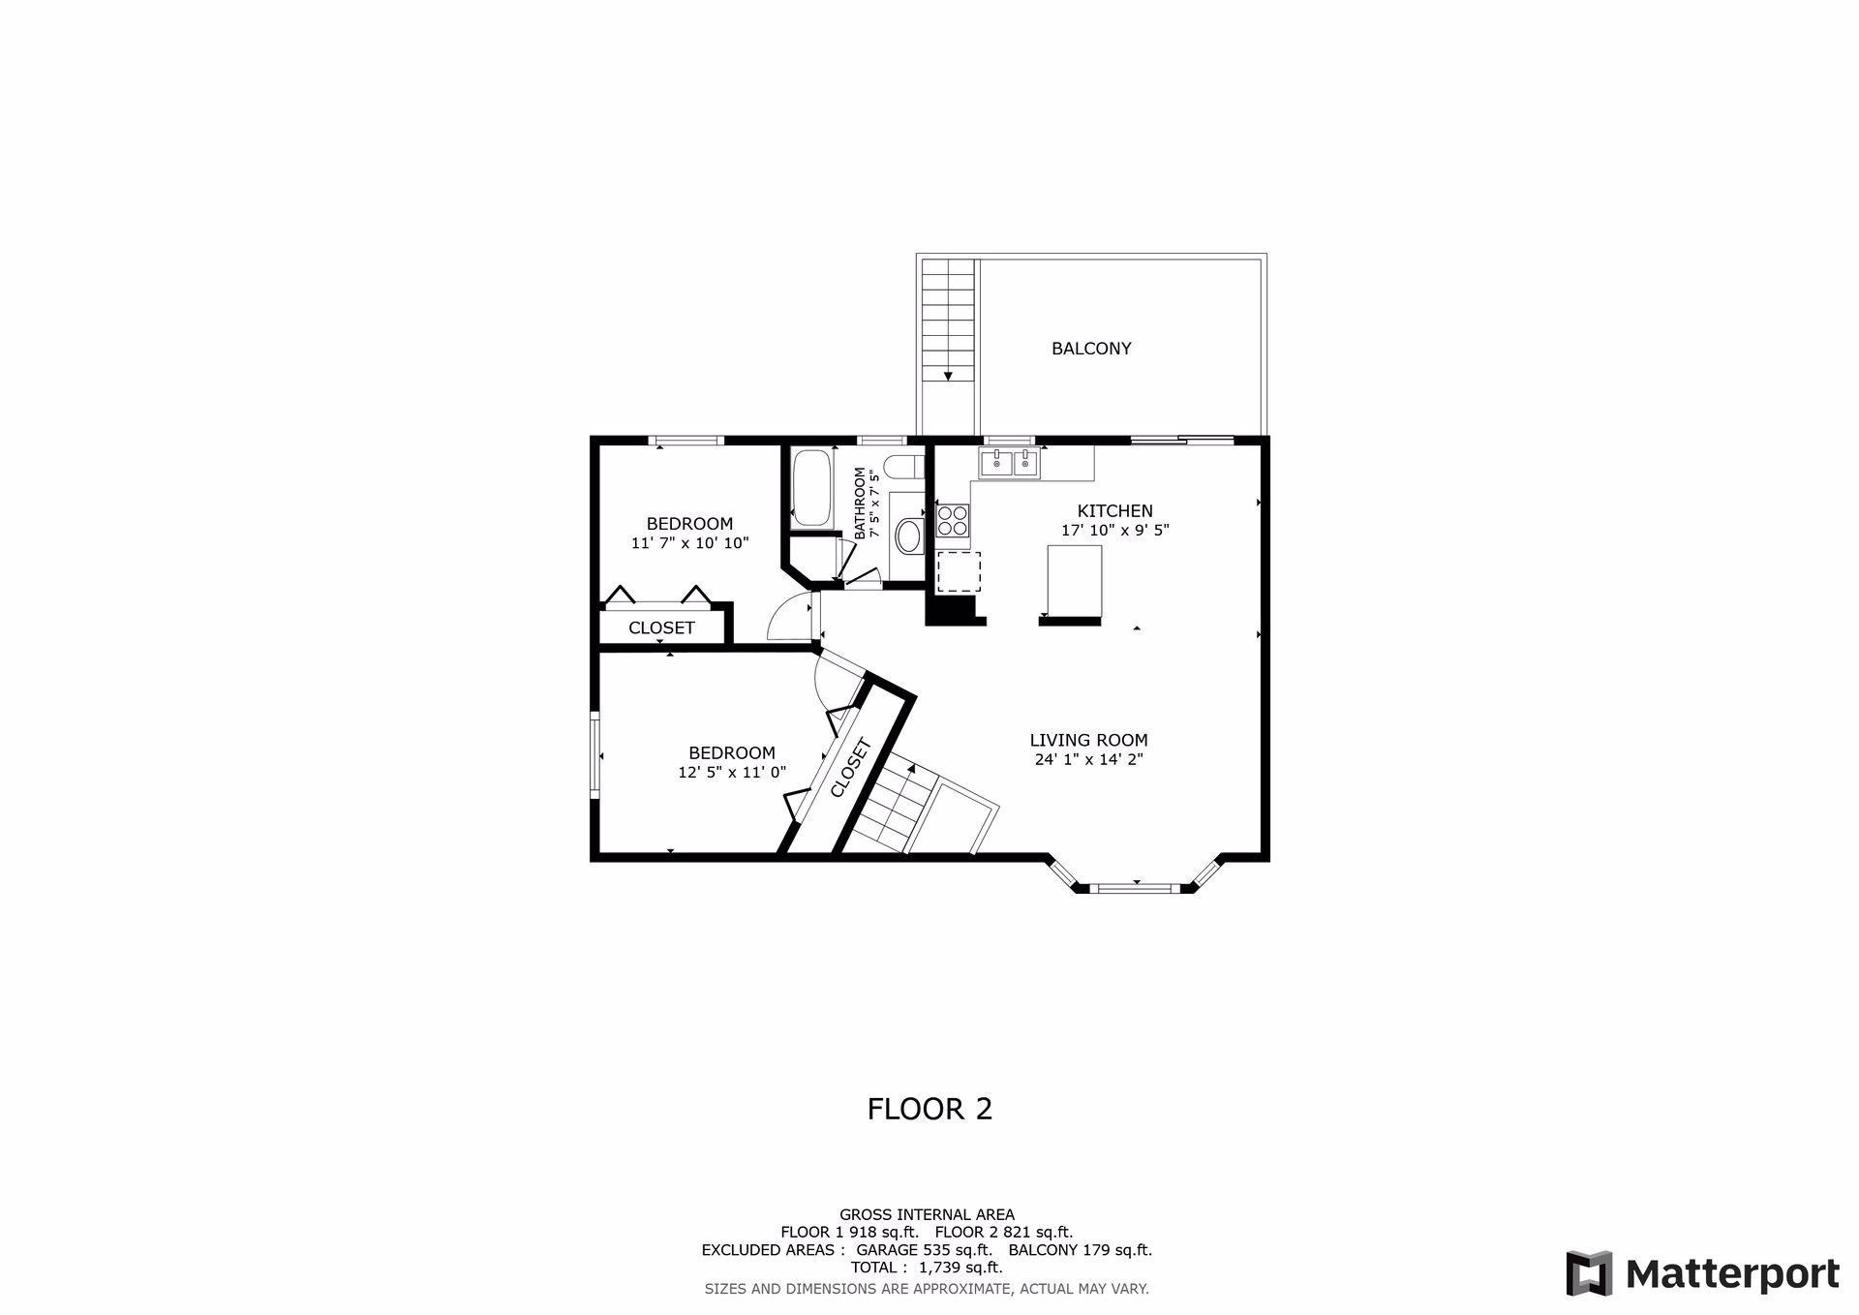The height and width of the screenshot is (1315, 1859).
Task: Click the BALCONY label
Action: coord(1091,349)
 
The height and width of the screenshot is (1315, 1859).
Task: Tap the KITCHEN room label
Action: coord(1115,511)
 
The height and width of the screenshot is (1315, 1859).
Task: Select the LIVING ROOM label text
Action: coord(1089,741)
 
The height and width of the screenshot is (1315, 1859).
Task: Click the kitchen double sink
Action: coord(1009,464)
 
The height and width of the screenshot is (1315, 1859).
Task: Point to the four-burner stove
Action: coord(953,520)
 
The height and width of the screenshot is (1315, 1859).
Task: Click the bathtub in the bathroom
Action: coord(812,488)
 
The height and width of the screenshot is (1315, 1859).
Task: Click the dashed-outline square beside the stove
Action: coord(959,571)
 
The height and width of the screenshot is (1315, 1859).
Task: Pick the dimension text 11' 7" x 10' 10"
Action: coord(690,543)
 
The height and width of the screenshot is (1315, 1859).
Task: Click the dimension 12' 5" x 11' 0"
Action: coord(732,773)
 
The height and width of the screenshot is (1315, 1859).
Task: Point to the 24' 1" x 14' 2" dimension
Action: coord(1089,760)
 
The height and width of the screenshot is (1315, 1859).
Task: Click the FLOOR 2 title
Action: coord(929,1109)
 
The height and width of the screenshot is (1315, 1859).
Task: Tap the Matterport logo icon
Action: coord(1590,1273)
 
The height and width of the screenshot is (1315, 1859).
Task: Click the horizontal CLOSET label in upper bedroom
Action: coord(661,627)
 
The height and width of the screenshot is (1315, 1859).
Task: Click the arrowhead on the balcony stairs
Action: coord(948,376)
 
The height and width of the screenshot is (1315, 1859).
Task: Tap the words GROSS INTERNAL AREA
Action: coord(927,1214)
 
